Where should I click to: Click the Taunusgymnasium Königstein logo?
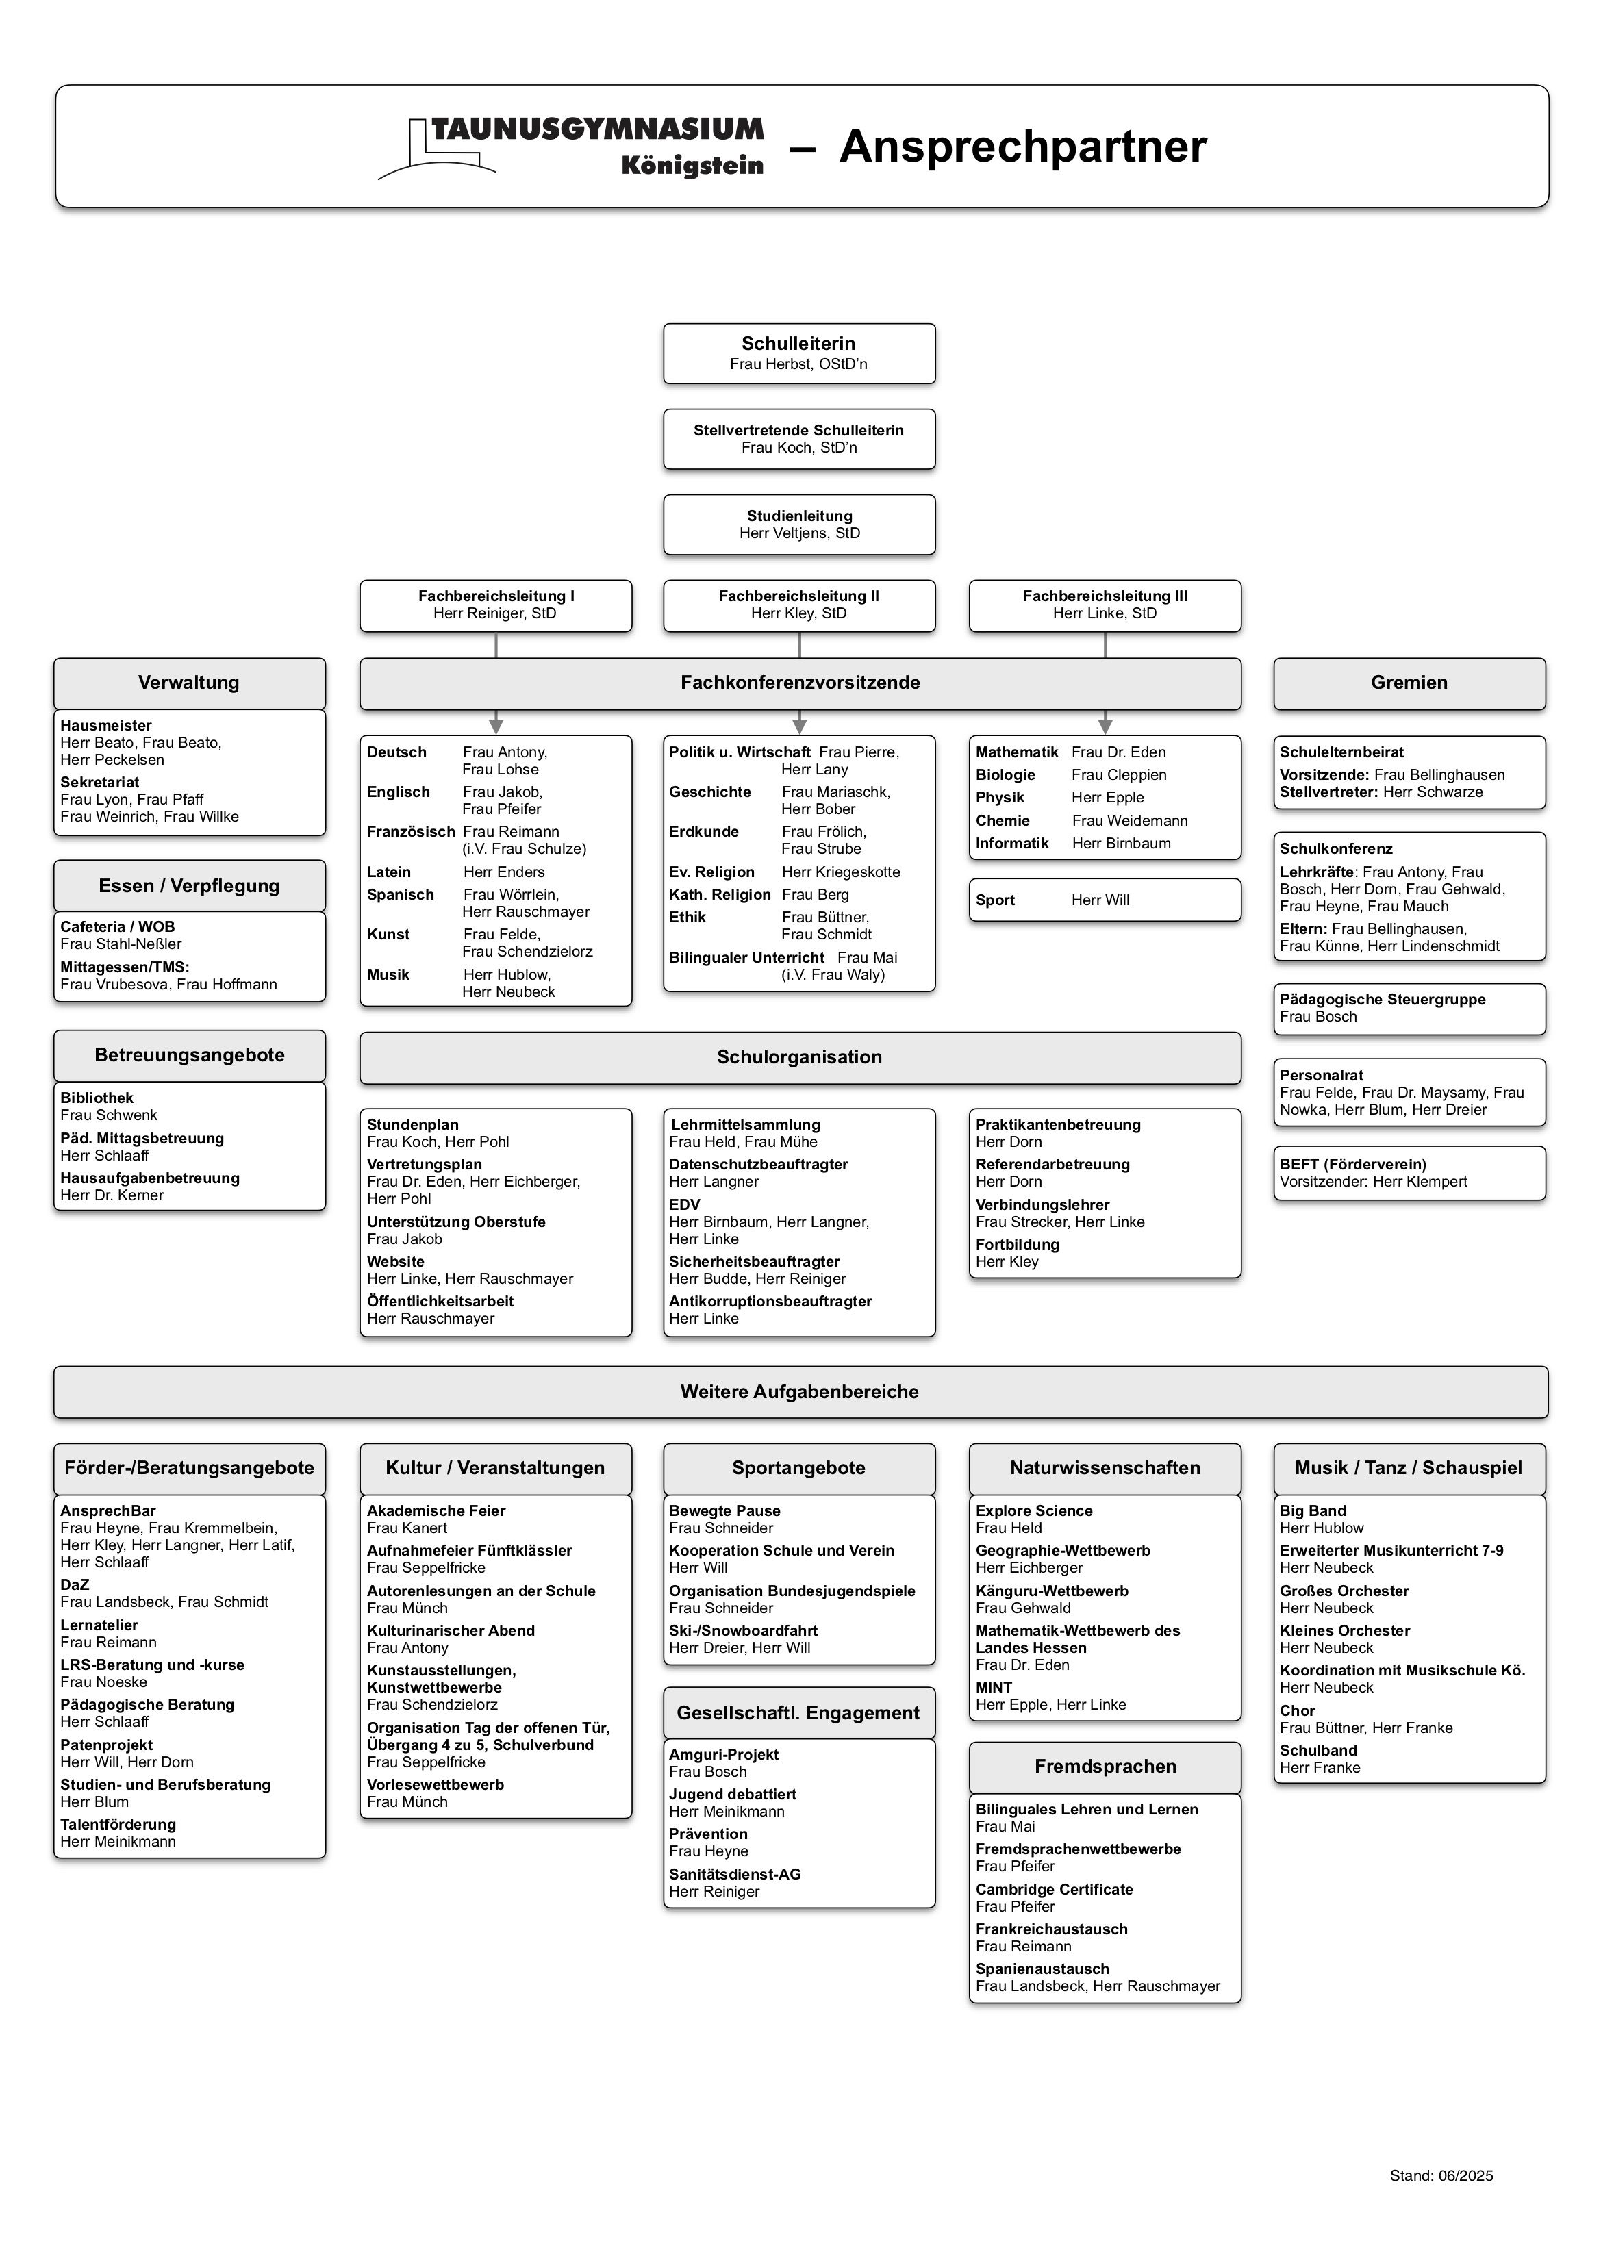pyautogui.click(x=572, y=147)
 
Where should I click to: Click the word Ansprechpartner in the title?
pyautogui.click(x=1023, y=147)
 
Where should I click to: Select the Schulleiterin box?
pyautogui.click(x=799, y=353)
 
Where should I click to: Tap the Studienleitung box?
pyautogui.click(x=799, y=524)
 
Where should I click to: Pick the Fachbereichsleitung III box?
pyautogui.click(x=1105, y=605)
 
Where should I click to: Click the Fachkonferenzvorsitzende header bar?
pyautogui.click(x=799, y=683)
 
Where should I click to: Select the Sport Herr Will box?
pyautogui.click(x=1105, y=900)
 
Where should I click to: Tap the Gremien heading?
pyautogui.click(x=1409, y=683)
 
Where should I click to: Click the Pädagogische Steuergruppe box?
pyautogui.click(x=1409, y=1008)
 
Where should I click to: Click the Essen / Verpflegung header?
pyautogui.click(x=190, y=886)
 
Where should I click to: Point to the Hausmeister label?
pyautogui.click(x=105, y=725)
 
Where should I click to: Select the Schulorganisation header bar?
pyautogui.click(x=799, y=1058)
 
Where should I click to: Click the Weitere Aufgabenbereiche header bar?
pyautogui.click(x=799, y=1392)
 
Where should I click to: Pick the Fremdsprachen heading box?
pyautogui.click(x=1105, y=1767)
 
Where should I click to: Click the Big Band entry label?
pyautogui.click(x=1312, y=1510)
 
